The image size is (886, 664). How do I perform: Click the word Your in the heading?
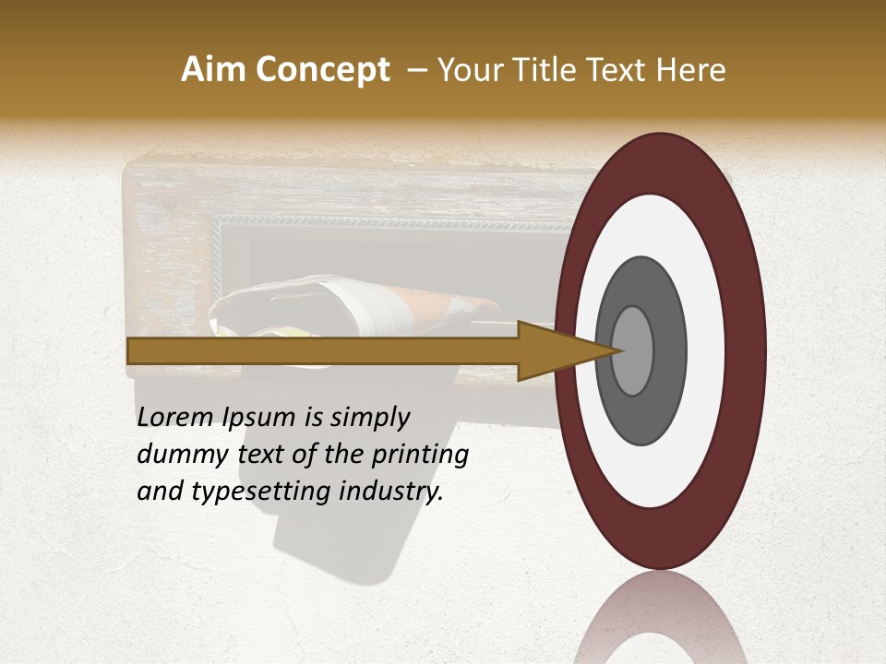point(466,70)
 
